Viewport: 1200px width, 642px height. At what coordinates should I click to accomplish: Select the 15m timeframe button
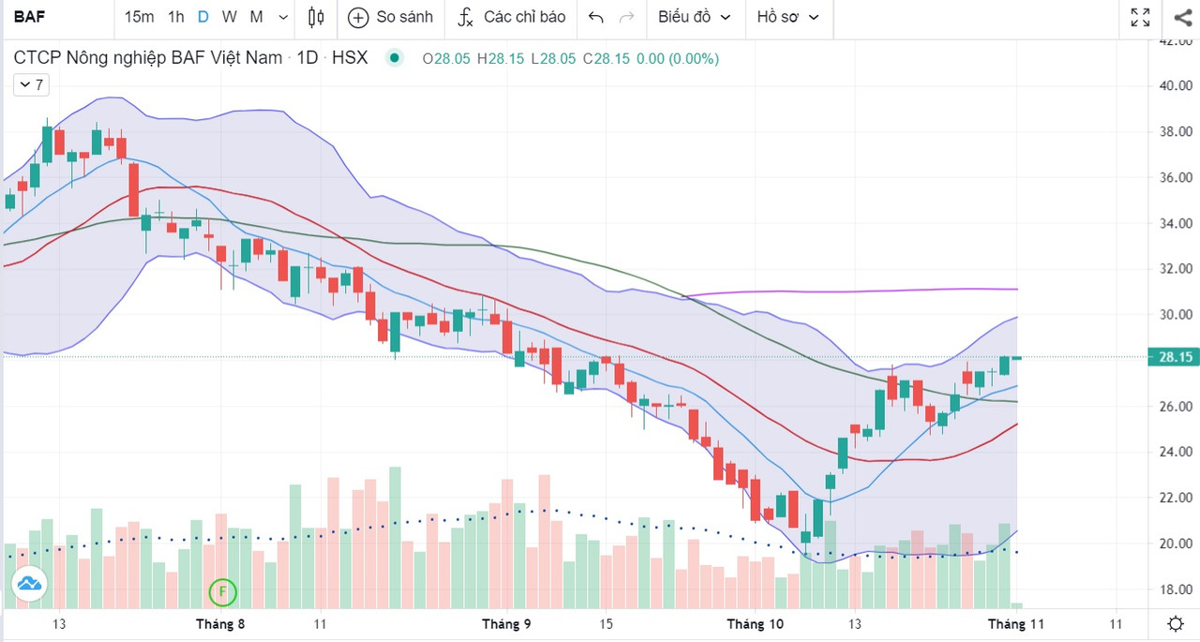(139, 17)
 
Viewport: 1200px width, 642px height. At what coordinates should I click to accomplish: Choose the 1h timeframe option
(176, 17)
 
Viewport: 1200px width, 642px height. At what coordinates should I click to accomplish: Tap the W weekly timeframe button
(230, 17)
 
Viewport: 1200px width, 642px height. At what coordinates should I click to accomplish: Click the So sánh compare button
(391, 17)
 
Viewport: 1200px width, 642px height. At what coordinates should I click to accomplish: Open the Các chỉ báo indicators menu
(512, 17)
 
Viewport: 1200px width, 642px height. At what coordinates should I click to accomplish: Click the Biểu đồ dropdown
(694, 17)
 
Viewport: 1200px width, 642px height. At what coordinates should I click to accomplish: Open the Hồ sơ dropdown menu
(787, 17)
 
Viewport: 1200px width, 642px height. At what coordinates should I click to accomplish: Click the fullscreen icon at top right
(1140, 17)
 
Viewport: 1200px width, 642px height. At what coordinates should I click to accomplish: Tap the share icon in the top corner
(1181, 17)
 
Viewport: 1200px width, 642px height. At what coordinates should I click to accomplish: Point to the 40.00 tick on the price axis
(1175, 85)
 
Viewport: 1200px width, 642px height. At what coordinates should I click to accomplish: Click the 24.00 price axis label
(1175, 452)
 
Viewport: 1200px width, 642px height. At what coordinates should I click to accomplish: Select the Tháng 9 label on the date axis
(506, 624)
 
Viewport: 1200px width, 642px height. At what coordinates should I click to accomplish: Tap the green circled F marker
(222, 591)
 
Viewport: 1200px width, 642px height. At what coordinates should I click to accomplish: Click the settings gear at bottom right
(1176, 624)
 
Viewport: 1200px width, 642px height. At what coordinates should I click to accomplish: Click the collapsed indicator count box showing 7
(32, 84)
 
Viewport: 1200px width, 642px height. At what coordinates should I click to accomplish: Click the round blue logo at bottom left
(29, 584)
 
